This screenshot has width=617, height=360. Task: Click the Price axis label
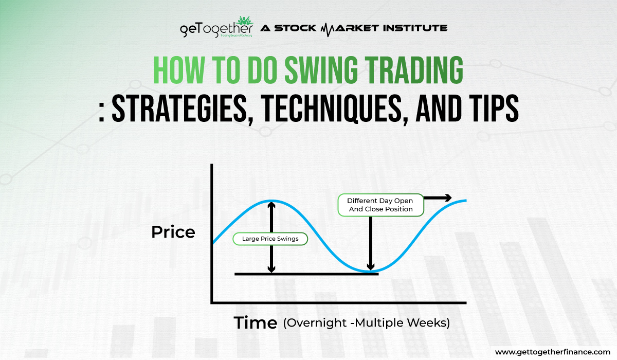(173, 232)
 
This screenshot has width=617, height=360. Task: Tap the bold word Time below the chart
(256, 323)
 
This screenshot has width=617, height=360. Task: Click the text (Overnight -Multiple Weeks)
(366, 323)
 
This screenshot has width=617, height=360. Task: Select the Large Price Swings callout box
(270, 239)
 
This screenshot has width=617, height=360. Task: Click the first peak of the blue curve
(271, 201)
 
